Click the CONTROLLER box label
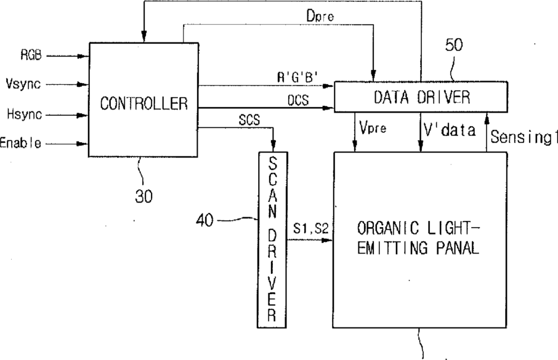[x=144, y=103]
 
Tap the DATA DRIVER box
[x=421, y=97]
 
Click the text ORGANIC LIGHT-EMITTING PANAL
[x=418, y=239]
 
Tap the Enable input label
[x=21, y=143]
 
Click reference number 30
[x=143, y=196]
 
